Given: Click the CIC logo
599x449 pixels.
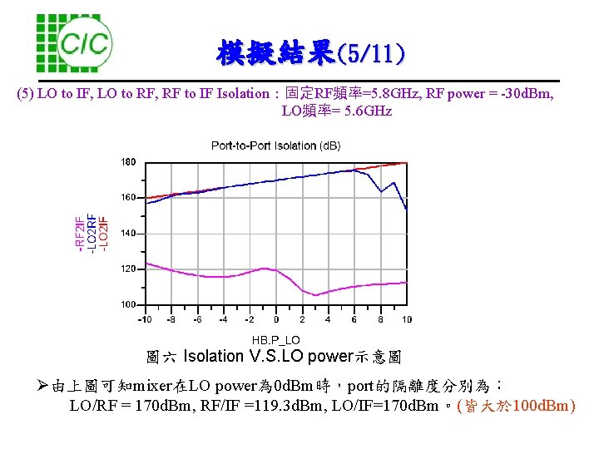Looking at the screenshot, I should point(75,42).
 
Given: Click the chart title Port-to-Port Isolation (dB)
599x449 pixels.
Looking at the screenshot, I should point(275,146).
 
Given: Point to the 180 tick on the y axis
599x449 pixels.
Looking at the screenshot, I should point(129,161).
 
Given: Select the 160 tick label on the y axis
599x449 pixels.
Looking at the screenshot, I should point(129,198).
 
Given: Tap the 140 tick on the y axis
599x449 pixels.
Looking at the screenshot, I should point(129,234).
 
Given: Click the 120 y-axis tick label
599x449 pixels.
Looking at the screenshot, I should point(129,269).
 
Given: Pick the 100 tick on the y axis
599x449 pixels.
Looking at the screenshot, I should point(129,305).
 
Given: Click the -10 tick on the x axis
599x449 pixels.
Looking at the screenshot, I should point(145,319).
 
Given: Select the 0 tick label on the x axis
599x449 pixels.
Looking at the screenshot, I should point(275,319).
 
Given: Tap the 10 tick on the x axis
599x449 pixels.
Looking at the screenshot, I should point(406,319).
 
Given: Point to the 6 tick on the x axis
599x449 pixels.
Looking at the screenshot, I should point(354,319).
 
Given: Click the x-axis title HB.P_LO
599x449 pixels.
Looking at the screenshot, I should point(275,339).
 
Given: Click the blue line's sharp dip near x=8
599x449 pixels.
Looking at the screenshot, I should point(382,192).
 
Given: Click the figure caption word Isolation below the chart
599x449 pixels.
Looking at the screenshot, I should point(213,357).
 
